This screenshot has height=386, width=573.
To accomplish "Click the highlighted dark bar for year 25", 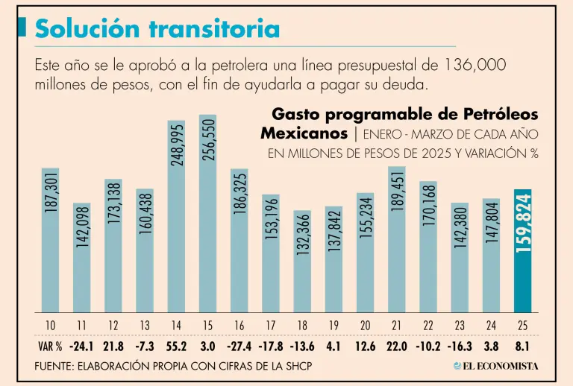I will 523,250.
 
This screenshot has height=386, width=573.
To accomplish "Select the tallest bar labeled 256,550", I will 207,213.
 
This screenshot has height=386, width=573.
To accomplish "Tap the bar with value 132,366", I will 302,261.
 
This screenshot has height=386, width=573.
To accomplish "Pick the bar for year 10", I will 50,239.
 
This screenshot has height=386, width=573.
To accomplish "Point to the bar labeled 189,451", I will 397,238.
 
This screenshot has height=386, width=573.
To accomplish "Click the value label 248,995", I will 176,145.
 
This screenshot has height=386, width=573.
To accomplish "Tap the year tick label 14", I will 176,326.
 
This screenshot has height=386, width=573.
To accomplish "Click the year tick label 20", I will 366,326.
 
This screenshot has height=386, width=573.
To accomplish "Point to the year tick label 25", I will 523,326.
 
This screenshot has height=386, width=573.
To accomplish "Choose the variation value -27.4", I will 239,347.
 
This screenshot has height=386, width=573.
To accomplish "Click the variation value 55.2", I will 176,347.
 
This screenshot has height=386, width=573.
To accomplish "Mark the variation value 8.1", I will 523,347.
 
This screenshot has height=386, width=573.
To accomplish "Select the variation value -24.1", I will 81,347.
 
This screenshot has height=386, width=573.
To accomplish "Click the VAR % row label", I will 48,347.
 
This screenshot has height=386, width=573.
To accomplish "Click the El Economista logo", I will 496,366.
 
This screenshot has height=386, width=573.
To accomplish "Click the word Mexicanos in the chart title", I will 304,133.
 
